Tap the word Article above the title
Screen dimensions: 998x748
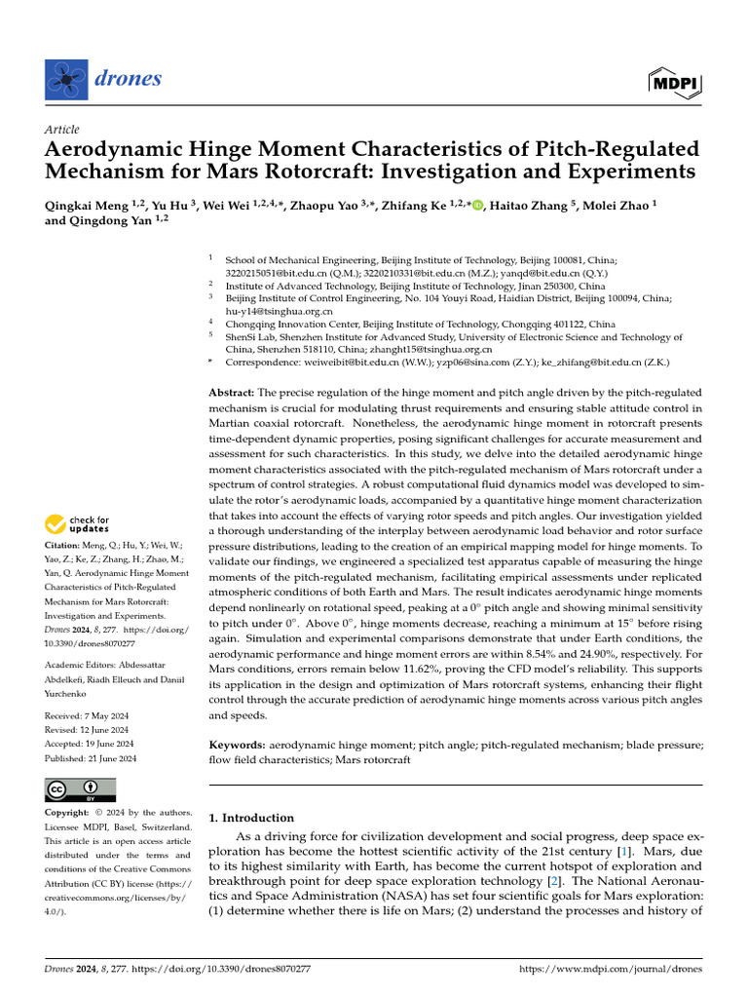point(61,130)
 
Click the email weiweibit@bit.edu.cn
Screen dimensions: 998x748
point(342,362)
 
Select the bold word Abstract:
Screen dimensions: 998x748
point(233,391)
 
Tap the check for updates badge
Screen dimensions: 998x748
point(78,524)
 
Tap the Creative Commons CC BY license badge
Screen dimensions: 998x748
point(81,788)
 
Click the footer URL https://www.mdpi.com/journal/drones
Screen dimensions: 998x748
point(611,969)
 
